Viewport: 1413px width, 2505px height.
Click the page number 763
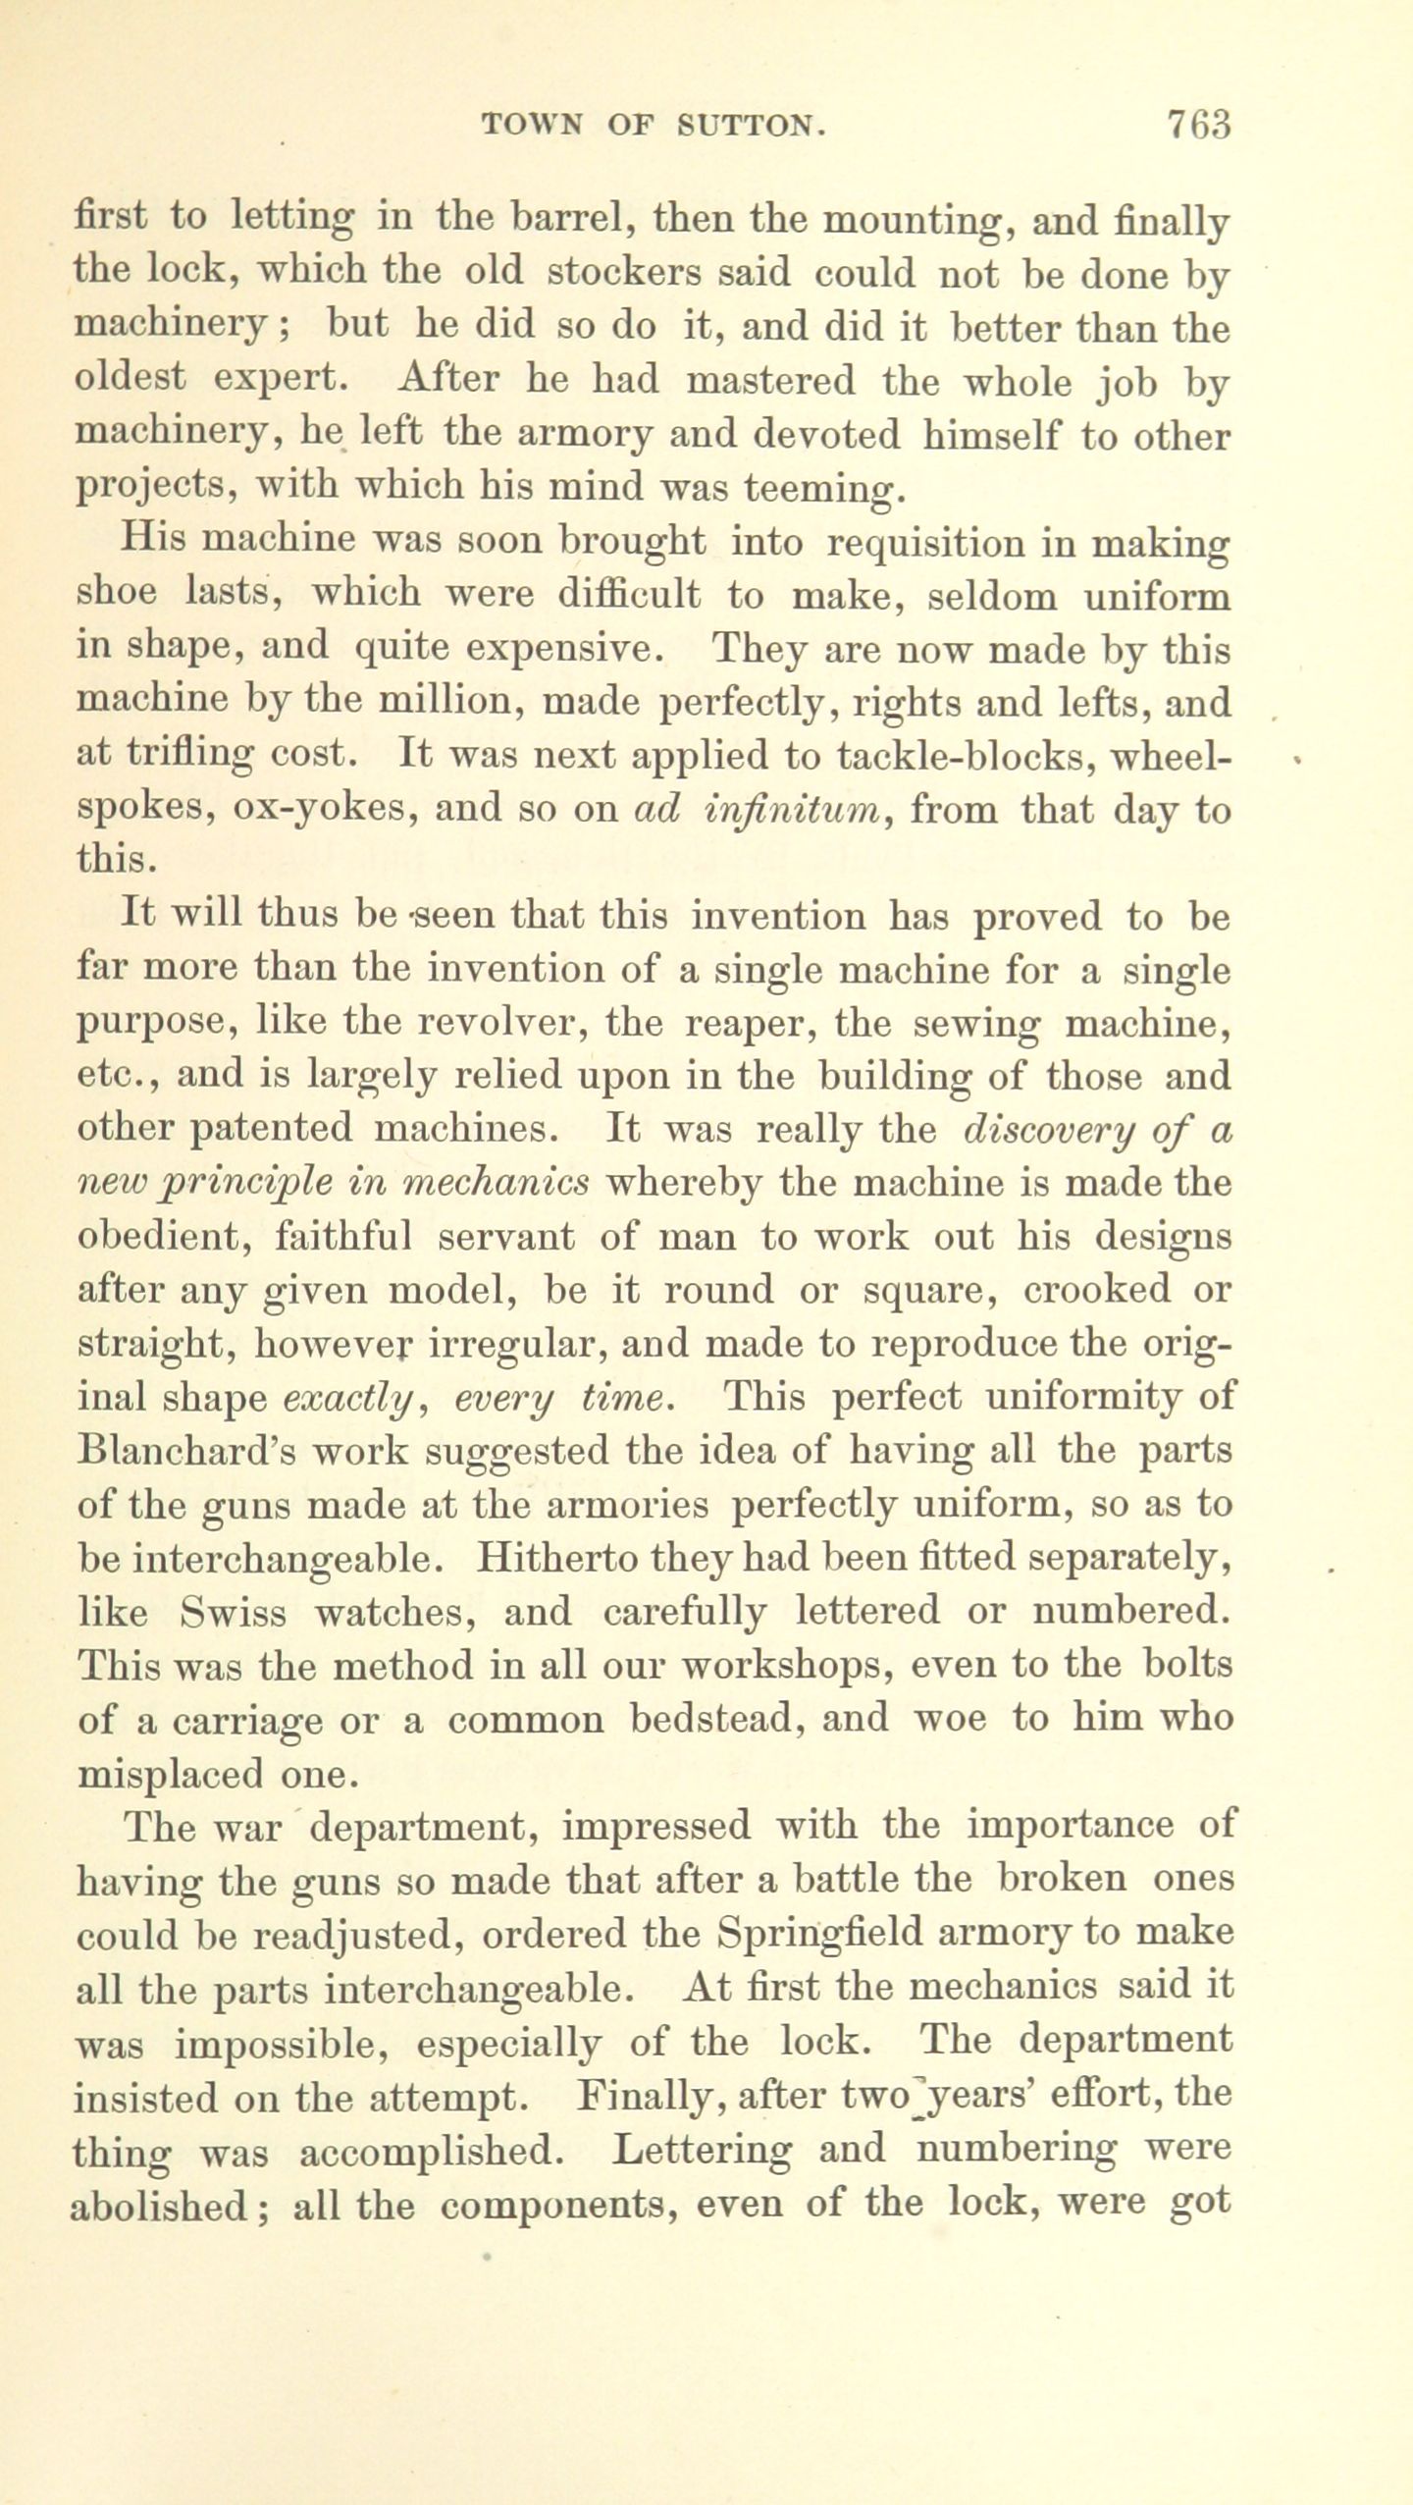click(x=1198, y=126)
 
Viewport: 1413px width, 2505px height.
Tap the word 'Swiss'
click(x=235, y=1612)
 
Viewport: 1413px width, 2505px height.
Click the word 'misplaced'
click(x=169, y=1773)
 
